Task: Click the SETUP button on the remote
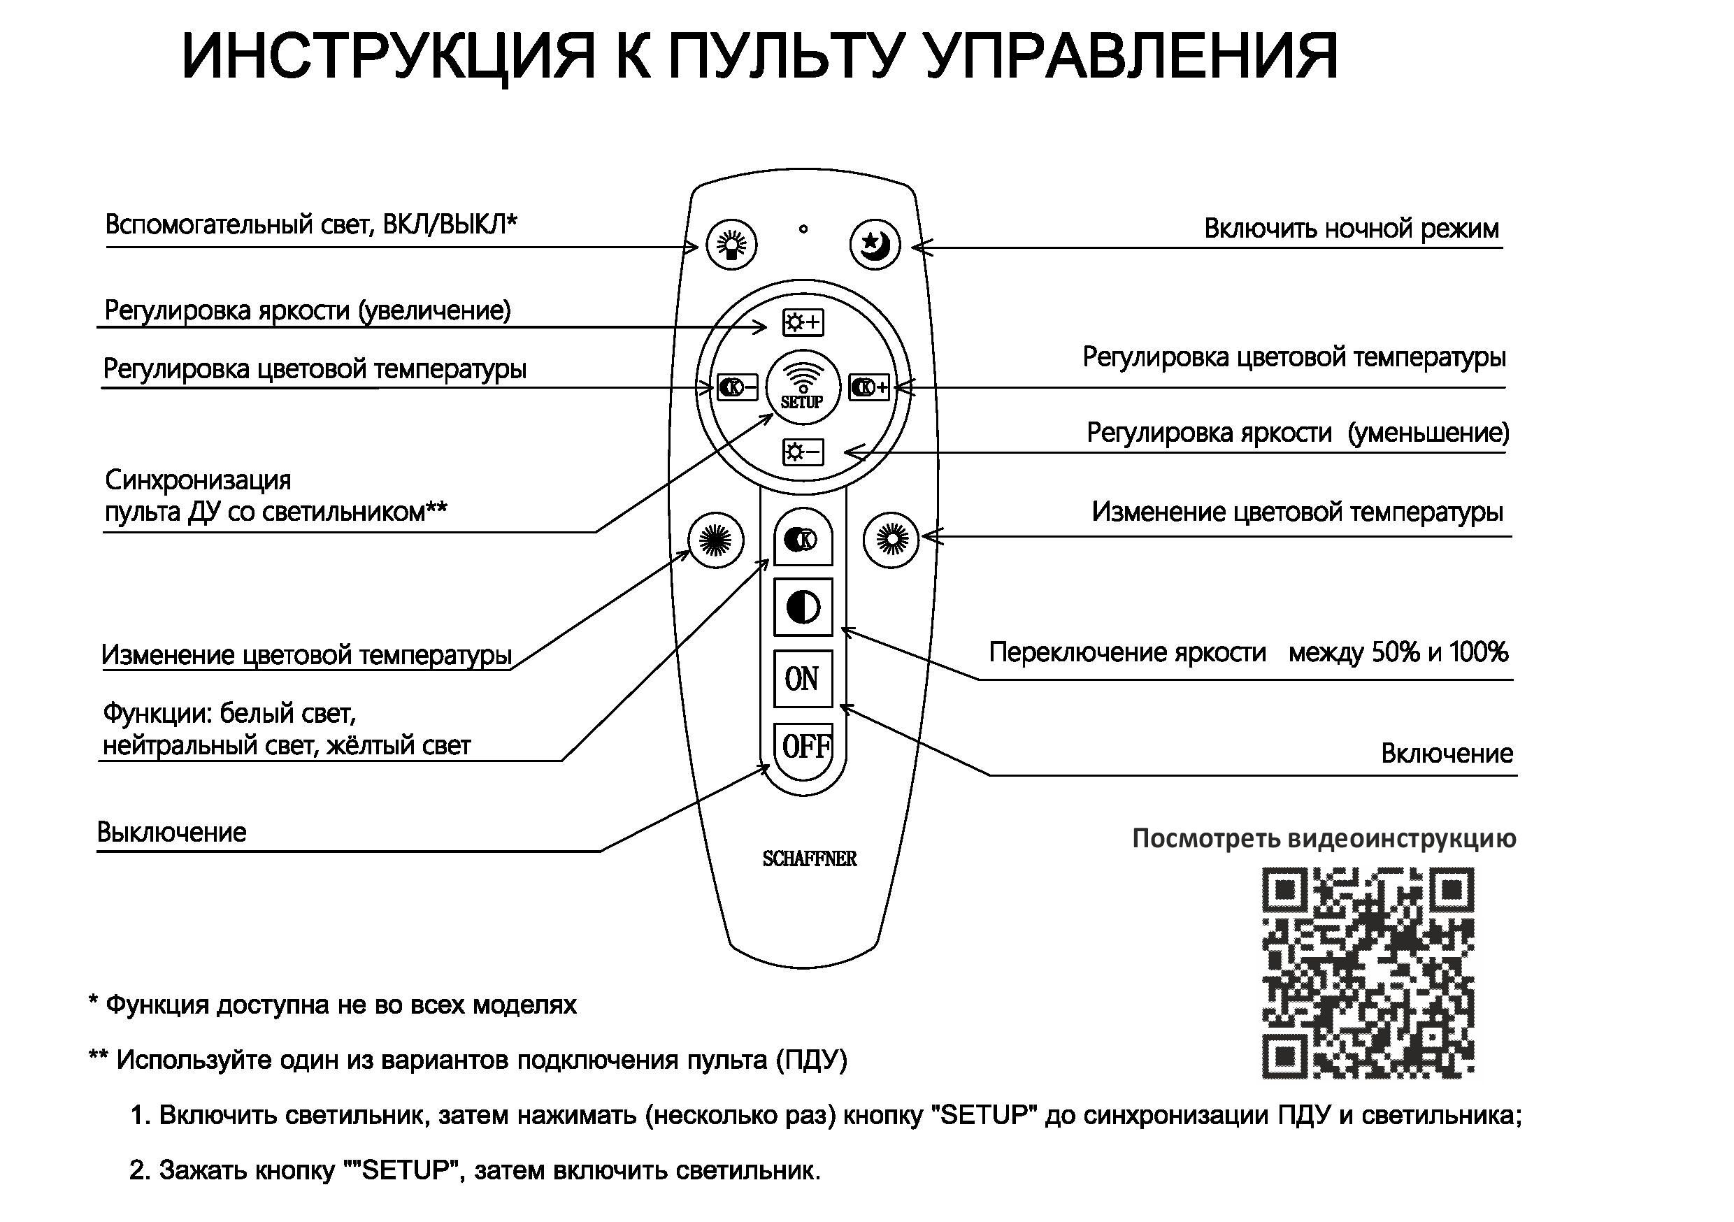pos(803,386)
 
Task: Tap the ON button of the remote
pos(803,679)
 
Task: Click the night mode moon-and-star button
pos(875,244)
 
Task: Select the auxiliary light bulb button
pos(731,244)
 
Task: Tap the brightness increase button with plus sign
pos(803,322)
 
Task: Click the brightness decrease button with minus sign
pos(803,452)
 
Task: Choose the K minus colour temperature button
pos(737,387)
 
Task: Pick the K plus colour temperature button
pos(869,387)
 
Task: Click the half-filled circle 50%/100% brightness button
pos(803,608)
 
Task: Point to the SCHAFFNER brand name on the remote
pos(809,858)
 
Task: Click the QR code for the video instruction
pos(1368,972)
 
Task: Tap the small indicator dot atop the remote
pos(803,228)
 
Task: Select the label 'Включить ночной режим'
pos(1351,228)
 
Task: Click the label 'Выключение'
pos(171,833)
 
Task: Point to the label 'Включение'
pos(1446,753)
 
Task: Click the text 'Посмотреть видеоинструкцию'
pos(1324,838)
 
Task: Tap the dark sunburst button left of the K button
pos(716,539)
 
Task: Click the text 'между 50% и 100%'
pos(1398,652)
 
